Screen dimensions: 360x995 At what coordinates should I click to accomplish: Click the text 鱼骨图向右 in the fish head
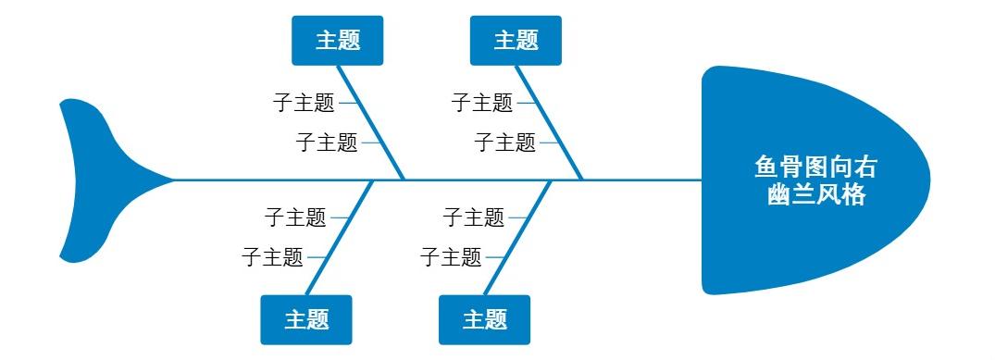815,169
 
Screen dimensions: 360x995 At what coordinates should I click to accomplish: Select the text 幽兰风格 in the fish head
815,195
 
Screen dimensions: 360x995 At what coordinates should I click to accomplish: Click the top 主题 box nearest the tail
338,41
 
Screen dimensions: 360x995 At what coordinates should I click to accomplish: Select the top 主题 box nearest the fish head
516,41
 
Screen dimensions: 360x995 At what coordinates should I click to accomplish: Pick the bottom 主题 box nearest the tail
306,320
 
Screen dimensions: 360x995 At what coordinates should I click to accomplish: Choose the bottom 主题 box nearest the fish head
484,320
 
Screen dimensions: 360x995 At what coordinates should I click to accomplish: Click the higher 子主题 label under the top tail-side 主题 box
304,102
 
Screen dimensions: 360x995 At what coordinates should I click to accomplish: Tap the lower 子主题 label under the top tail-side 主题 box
327,143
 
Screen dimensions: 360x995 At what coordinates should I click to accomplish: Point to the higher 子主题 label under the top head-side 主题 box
482,102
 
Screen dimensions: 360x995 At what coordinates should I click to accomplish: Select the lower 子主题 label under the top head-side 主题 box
505,143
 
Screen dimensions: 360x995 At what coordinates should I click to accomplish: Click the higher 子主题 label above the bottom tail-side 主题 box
295,217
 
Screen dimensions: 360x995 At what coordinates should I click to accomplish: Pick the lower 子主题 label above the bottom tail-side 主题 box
272,256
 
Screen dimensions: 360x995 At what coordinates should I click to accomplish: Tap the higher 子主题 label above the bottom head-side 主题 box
474,217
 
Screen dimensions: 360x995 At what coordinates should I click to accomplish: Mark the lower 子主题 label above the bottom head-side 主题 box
451,256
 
